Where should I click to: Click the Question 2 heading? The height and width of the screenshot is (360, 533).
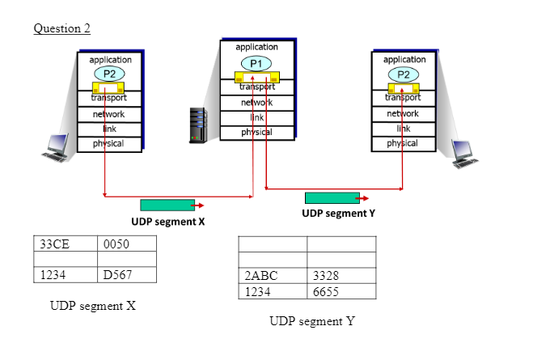click(x=61, y=29)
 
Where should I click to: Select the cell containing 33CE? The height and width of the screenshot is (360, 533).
click(x=65, y=244)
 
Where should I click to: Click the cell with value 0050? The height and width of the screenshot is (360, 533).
click(x=126, y=244)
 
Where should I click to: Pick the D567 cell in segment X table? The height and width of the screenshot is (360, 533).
click(x=126, y=274)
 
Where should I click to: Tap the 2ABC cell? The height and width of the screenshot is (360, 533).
click(x=273, y=275)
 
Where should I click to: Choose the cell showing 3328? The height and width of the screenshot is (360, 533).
click(x=341, y=275)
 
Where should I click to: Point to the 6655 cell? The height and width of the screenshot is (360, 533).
click(x=341, y=290)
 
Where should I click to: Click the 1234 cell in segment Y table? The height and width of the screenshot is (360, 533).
click(x=273, y=290)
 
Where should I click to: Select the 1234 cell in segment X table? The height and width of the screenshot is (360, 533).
click(x=65, y=274)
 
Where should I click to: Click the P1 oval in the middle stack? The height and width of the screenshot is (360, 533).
click(x=256, y=63)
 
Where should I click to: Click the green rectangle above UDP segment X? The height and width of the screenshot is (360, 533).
click(x=167, y=205)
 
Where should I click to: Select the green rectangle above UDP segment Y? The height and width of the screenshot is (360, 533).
click(x=332, y=198)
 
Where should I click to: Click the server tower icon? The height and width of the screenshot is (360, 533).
click(x=197, y=125)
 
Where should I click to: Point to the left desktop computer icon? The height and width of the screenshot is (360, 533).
click(x=57, y=148)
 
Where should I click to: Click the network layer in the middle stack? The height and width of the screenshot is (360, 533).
click(x=256, y=103)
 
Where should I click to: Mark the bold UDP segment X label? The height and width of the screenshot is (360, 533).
click(x=167, y=222)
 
